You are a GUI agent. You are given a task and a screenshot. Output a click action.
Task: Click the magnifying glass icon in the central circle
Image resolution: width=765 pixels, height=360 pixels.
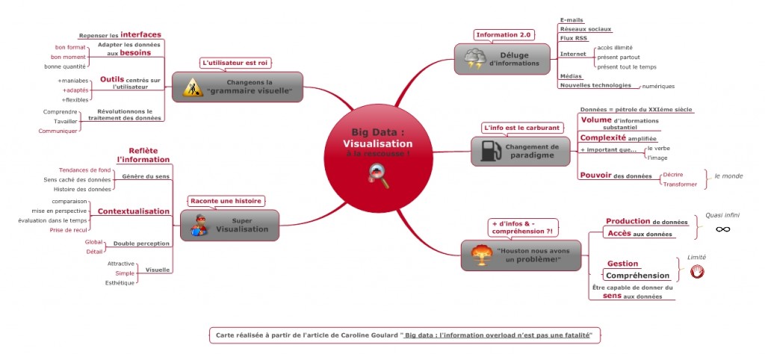tap(378, 176)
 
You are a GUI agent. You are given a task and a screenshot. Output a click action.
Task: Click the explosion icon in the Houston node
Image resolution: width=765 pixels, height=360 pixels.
tap(479, 255)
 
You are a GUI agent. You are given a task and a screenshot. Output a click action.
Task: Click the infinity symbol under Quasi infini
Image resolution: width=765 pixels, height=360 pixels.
tap(722, 229)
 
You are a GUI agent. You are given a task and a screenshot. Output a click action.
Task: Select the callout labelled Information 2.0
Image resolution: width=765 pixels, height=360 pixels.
tap(504, 34)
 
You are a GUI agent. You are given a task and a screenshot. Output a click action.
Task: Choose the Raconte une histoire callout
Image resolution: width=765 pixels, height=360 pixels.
tap(225, 201)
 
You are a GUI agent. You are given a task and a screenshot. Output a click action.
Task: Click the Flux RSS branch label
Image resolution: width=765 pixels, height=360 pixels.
tap(573, 38)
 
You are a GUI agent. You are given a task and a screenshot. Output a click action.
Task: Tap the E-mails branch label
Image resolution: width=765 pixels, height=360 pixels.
tap(572, 20)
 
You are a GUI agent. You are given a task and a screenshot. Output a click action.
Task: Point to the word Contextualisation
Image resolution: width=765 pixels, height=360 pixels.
tap(134, 211)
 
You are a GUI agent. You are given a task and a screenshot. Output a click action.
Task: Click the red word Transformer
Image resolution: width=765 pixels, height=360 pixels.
tap(680, 184)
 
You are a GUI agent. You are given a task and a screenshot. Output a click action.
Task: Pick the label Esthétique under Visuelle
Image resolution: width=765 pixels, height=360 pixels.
tap(120, 283)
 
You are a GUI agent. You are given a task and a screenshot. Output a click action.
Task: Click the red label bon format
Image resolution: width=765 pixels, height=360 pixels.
tap(70, 47)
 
